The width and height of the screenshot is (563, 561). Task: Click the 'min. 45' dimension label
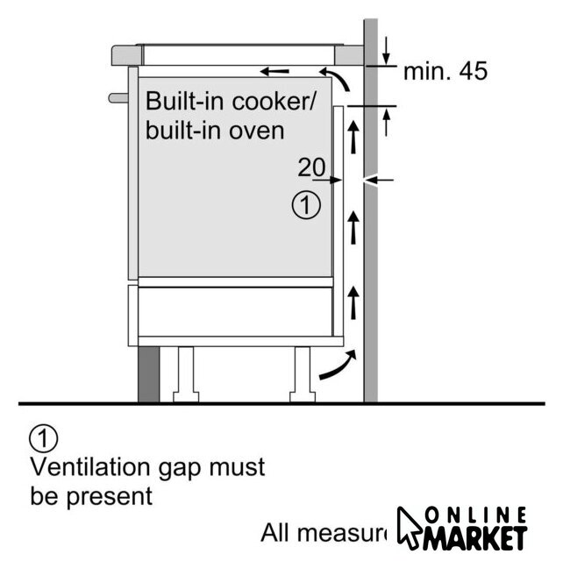click(445, 71)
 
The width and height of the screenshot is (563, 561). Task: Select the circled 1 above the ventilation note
click(43, 437)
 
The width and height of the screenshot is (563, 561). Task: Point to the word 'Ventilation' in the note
click(86, 466)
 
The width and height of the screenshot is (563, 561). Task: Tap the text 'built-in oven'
click(215, 131)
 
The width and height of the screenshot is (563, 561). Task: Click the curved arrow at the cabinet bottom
click(338, 367)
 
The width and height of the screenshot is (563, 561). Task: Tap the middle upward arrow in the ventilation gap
click(354, 227)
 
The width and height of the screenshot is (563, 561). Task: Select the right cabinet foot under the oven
click(303, 373)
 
